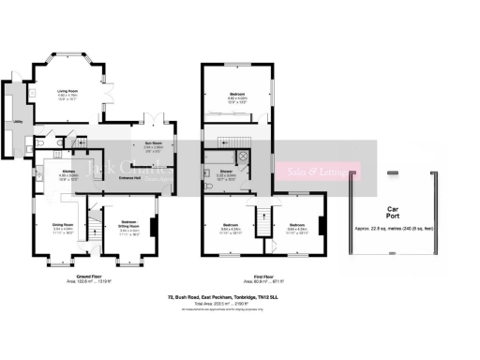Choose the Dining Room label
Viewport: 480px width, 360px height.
[62, 223]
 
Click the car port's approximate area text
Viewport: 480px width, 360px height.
[393, 229]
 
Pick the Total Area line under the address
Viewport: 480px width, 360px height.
[240, 305]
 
